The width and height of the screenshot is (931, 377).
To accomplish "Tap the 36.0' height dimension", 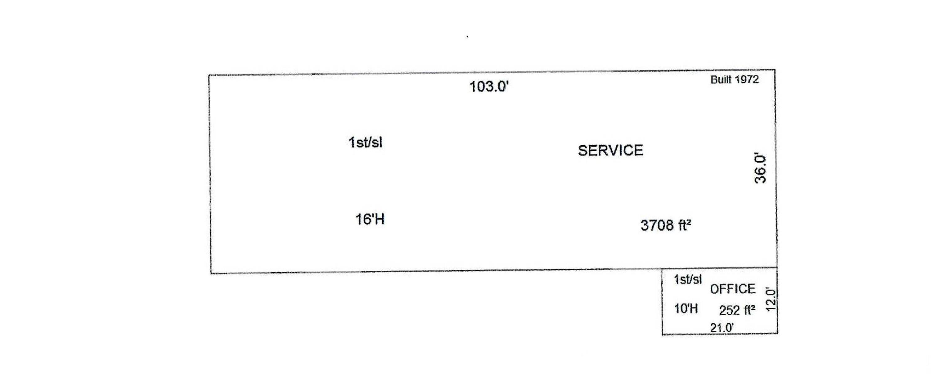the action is pos(760,169).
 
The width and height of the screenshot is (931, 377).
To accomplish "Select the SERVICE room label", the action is pos(610,151).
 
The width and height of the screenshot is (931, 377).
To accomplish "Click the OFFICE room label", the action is pos(733,289).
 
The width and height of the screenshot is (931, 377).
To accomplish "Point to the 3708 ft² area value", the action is pos(666,225).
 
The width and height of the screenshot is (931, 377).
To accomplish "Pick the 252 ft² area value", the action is pos(737,310).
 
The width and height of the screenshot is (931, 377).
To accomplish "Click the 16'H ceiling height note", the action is pos(370,219).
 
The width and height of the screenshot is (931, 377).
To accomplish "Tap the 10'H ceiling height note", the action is pos(686,309).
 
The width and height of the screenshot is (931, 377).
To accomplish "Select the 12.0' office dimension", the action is pos(771,300).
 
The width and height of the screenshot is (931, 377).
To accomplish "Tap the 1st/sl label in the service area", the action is pos(365,142).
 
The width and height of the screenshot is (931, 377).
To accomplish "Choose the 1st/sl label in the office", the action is pos(687,279).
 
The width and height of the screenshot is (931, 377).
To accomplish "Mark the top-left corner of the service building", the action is pos(209,75).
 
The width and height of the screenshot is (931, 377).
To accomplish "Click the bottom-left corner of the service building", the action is pos(211,273).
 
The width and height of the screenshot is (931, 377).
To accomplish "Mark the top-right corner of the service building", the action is pos(775,70).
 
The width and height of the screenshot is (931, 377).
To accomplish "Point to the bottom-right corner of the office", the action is pos(778,333).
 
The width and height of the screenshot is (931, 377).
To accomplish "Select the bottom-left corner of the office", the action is pos(663,335).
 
